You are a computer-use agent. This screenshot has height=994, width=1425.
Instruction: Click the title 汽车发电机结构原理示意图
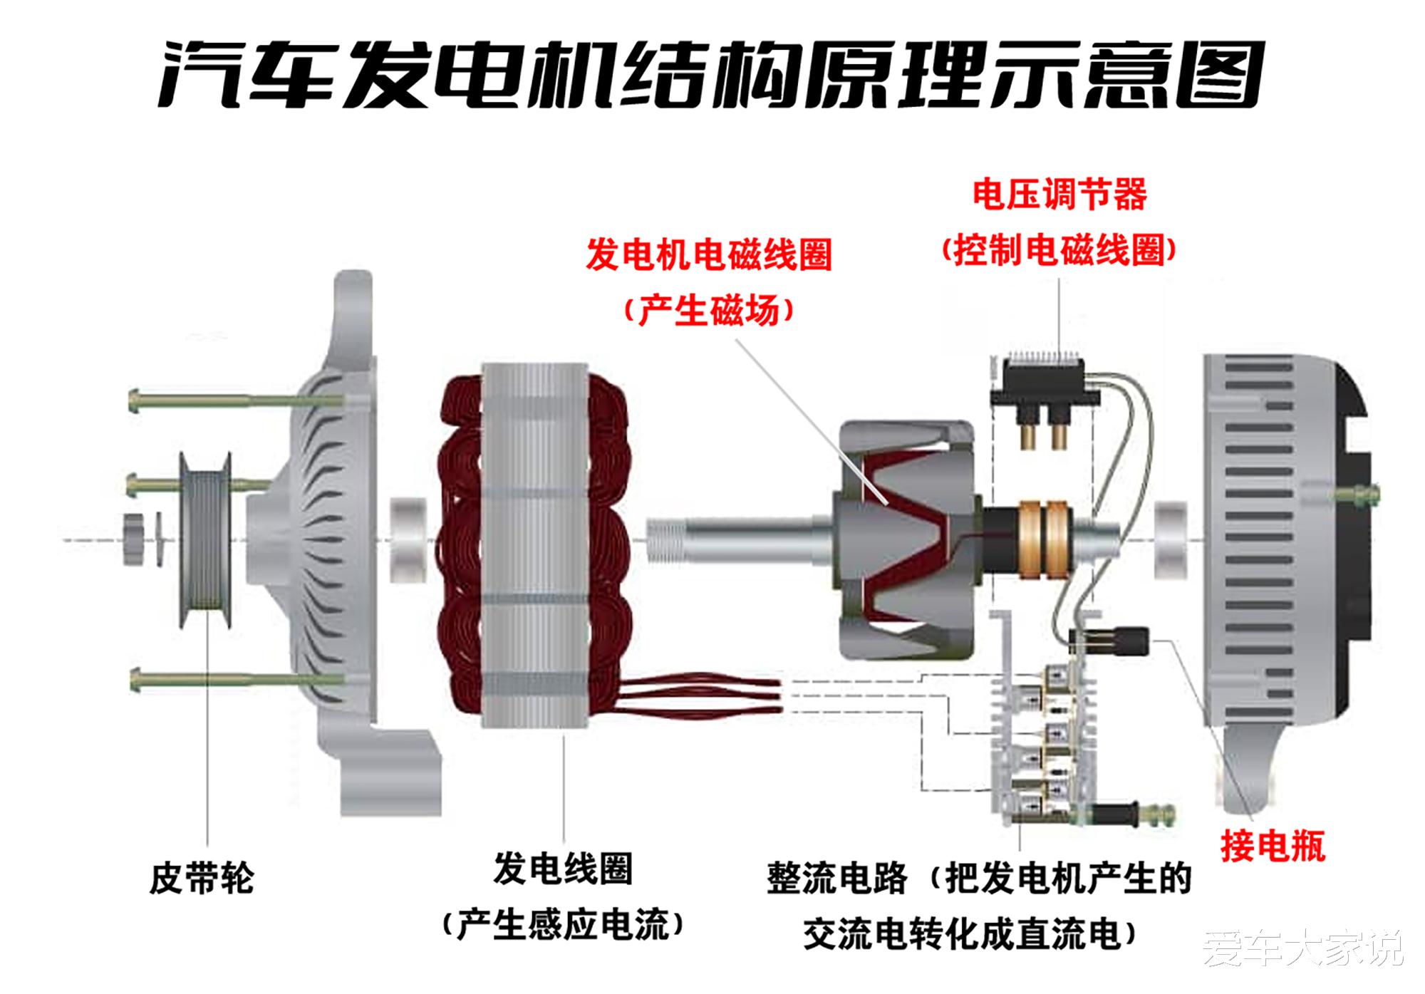(x=710, y=73)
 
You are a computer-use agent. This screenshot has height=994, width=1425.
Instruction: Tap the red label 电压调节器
(x=1059, y=195)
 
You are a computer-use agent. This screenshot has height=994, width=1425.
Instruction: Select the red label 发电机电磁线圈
(x=708, y=254)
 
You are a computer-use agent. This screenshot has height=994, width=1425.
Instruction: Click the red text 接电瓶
(x=1273, y=847)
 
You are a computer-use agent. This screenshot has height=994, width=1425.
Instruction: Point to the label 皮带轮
(x=201, y=878)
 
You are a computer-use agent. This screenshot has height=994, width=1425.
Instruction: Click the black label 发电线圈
(x=563, y=869)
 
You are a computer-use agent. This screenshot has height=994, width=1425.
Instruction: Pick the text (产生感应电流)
(x=563, y=925)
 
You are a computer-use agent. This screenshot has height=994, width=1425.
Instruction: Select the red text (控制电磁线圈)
(x=1059, y=250)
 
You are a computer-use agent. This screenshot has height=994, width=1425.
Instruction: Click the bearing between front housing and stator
(x=408, y=532)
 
